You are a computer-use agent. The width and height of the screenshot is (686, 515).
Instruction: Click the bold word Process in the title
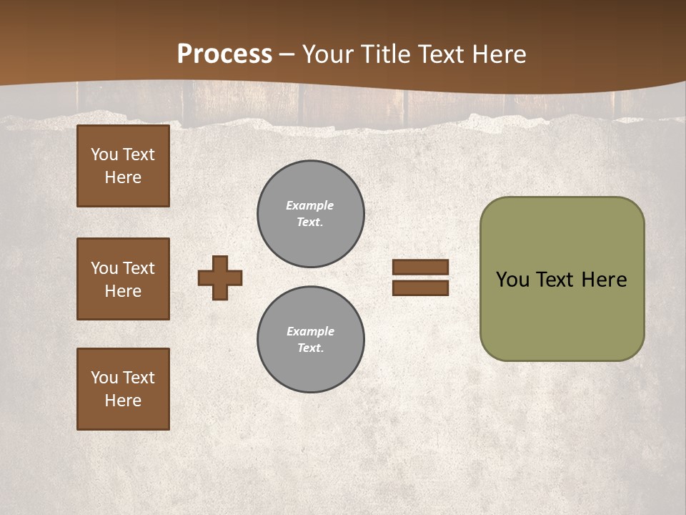(x=224, y=54)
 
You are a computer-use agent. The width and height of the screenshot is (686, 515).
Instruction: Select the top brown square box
(x=123, y=166)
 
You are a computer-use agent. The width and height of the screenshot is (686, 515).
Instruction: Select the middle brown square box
(x=123, y=279)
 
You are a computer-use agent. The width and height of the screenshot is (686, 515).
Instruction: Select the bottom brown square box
(x=123, y=389)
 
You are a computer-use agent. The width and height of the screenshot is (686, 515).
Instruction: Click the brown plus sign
(x=220, y=278)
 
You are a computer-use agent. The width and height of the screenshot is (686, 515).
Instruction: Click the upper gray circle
(x=311, y=214)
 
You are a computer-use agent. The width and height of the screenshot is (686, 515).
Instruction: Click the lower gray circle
(x=311, y=340)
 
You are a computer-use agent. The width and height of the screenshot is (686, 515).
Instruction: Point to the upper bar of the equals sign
(x=420, y=268)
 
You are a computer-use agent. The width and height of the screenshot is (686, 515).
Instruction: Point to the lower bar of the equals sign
(x=420, y=288)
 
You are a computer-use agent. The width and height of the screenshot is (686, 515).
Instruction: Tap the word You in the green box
(x=512, y=280)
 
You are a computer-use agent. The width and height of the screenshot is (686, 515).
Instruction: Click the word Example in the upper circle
(x=309, y=205)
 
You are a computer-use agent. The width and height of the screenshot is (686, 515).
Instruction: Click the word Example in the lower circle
(x=310, y=331)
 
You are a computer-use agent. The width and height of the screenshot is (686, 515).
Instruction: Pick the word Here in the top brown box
(x=123, y=177)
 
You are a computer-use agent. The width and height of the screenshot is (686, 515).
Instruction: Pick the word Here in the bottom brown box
(x=123, y=401)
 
